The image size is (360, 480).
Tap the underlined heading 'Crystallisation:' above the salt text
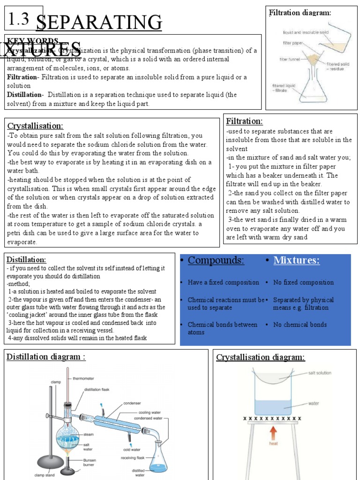coord(35,126)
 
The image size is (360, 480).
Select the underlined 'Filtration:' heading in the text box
coord(244,121)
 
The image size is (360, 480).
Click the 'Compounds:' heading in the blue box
coord(216,261)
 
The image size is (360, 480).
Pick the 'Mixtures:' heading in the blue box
coord(296,261)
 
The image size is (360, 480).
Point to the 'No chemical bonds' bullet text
coord(300,324)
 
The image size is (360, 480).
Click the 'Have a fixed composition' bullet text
coord(223,282)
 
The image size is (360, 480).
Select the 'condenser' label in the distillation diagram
coord(132,403)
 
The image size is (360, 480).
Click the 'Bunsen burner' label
coord(90,463)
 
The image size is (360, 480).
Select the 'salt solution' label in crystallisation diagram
coord(319,373)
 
